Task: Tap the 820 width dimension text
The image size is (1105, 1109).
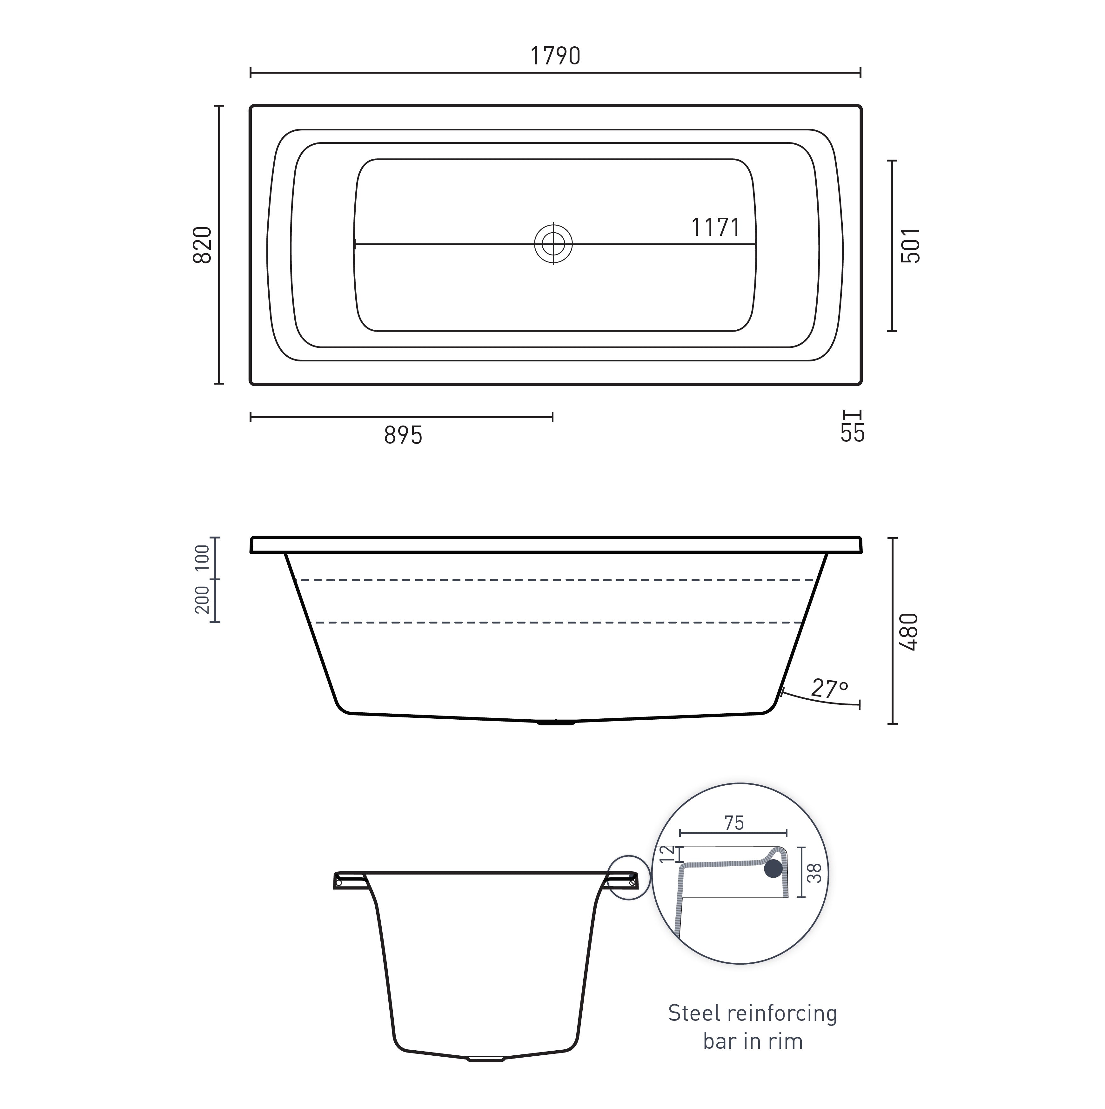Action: pyautogui.click(x=202, y=245)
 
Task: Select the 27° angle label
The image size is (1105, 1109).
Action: pyautogui.click(x=829, y=688)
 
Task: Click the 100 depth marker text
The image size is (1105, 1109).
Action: pyautogui.click(x=203, y=558)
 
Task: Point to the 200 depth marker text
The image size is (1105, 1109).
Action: pyautogui.click(x=203, y=600)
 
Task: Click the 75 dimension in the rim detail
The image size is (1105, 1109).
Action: pyautogui.click(x=734, y=823)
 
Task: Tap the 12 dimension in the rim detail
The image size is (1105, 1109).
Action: pyautogui.click(x=666, y=854)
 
